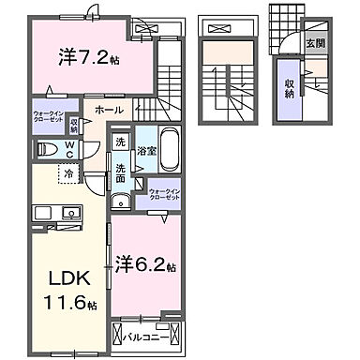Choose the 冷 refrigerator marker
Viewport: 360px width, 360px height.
point(69,172)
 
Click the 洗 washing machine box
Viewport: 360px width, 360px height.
point(120,142)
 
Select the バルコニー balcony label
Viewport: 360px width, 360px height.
point(150,332)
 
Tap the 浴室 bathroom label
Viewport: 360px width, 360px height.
point(145,150)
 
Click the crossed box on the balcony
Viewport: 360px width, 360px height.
point(119,332)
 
